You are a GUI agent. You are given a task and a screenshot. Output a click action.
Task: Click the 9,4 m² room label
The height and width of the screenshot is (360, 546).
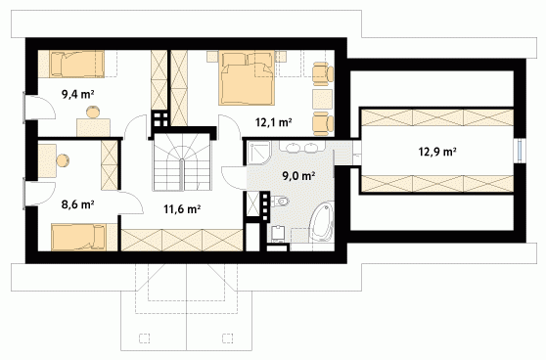78,94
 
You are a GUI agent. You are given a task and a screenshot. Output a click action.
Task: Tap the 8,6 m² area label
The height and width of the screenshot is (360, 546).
78,204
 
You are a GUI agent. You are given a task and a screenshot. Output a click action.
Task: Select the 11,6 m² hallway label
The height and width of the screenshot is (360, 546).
182,209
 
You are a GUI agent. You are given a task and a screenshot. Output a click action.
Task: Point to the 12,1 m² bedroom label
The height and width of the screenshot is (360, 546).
273,122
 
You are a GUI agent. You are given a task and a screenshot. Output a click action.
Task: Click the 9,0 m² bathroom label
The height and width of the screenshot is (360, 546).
298,176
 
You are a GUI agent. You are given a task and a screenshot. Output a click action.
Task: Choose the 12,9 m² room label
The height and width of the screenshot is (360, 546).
437,152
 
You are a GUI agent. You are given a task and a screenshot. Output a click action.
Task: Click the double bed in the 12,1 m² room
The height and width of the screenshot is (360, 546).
247,77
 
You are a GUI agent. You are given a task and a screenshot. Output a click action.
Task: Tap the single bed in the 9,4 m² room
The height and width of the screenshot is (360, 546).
77,64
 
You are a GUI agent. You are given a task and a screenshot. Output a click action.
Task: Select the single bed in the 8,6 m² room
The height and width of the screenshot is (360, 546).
78,238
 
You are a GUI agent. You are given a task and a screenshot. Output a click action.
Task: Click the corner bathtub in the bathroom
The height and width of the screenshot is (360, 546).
321,222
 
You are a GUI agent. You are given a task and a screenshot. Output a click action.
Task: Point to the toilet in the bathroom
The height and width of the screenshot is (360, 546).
280,201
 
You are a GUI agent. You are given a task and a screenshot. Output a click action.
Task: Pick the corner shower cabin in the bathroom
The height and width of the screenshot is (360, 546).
259,153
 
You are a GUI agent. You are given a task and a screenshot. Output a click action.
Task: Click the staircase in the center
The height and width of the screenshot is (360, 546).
182,162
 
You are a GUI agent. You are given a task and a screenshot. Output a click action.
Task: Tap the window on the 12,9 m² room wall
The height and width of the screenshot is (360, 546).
520,151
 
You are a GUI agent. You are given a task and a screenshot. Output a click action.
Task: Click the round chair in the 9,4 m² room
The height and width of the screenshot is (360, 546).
93,112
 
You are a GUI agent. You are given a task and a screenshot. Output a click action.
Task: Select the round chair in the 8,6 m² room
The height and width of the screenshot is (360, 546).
63,160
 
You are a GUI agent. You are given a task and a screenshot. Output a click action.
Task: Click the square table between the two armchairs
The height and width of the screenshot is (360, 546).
323,99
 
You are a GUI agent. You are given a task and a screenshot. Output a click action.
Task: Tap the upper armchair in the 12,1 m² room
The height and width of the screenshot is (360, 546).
323,73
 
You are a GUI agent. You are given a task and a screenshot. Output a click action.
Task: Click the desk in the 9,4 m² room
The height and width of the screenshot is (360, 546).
93,127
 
